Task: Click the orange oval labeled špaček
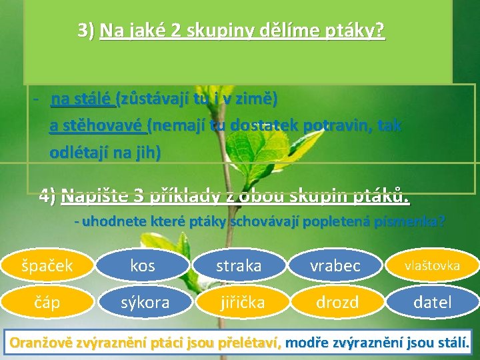[x=48, y=265]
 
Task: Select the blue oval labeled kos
[x=143, y=265]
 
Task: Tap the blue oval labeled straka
[x=239, y=265]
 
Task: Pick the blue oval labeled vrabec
[x=335, y=265]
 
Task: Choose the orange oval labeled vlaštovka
[x=432, y=265]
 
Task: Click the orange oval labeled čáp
[x=48, y=303]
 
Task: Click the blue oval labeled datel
[x=432, y=303]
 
